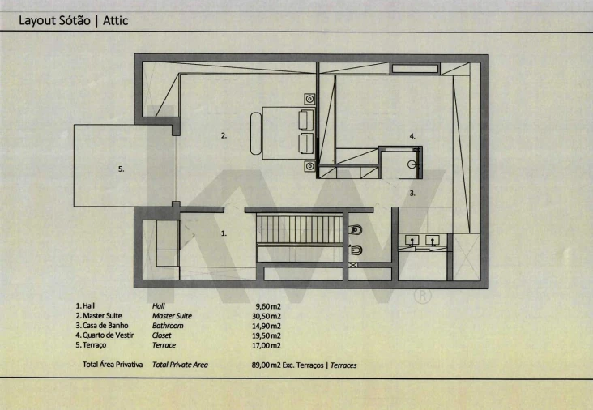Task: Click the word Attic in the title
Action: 115,20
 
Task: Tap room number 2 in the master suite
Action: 224,135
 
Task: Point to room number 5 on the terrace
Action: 121,169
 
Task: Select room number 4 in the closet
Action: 412,136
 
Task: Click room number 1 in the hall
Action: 224,233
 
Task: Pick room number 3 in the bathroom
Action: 412,194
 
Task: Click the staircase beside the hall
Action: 300,229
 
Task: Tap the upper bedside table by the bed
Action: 309,99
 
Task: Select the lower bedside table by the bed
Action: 309,166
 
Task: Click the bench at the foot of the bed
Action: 256,133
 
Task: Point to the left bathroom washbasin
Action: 412,241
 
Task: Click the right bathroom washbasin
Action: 433,241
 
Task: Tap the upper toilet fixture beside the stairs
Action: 355,229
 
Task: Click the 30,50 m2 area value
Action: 267,316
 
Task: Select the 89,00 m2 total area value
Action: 267,365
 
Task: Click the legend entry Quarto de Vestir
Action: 108,335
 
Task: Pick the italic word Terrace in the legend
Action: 164,345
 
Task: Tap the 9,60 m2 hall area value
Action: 268,306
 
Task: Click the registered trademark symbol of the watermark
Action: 423,296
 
